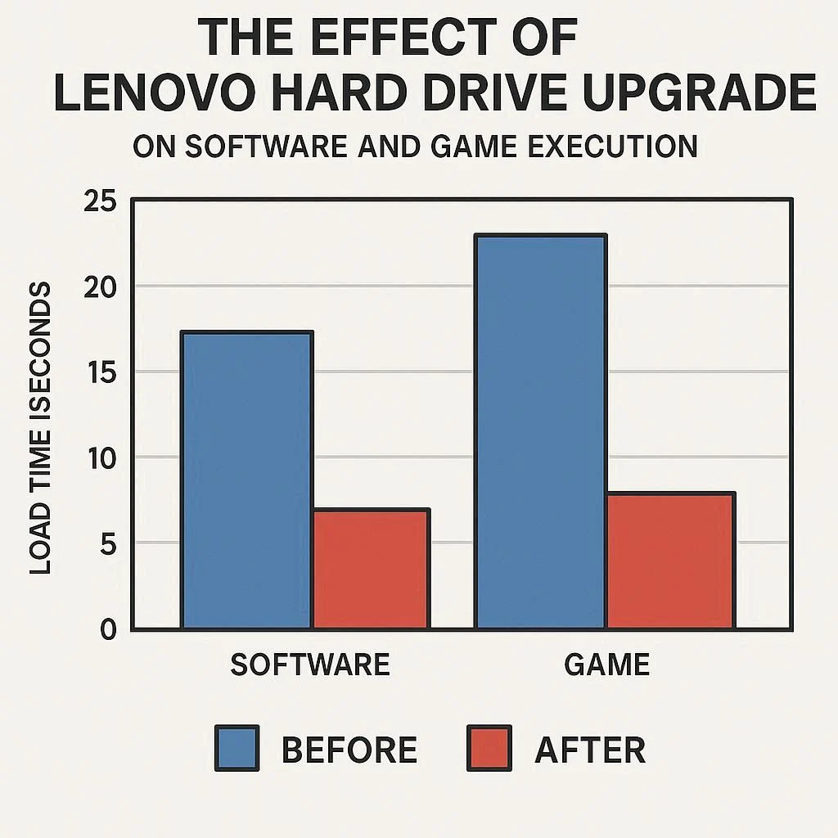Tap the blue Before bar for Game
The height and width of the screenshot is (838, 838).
pos(540,431)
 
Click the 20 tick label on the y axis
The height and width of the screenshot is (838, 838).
pos(101,287)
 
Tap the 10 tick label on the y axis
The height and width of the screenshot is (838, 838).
pos(101,458)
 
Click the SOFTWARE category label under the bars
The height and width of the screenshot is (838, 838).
pos(310,665)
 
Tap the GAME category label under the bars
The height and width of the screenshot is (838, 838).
pos(607,665)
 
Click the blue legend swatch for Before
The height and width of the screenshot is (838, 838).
pos(237,748)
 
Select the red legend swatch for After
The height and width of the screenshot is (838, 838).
pos(489,748)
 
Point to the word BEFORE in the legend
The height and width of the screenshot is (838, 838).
pos(349,750)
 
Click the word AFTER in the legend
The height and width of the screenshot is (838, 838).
pos(590,750)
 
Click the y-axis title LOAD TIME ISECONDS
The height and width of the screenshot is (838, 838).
pos(41,427)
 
